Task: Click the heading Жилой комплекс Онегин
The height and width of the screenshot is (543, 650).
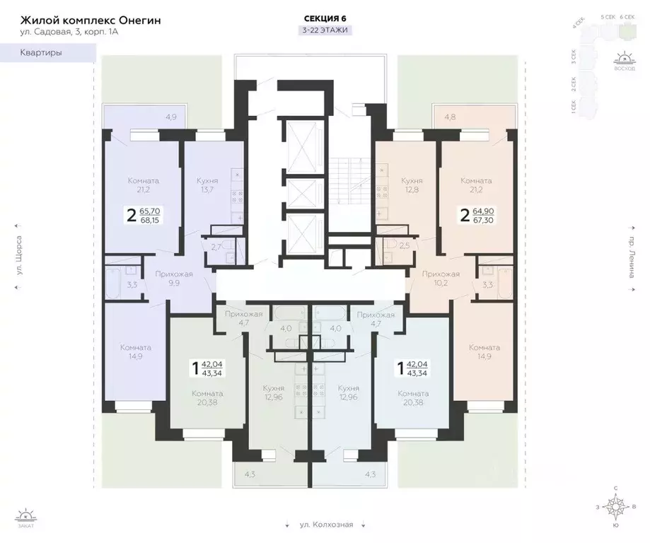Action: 91,21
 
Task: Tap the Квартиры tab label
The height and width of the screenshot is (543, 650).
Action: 40,53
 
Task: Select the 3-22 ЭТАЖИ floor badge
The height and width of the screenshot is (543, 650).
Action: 325,30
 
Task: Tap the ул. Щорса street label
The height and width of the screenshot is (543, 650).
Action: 19,263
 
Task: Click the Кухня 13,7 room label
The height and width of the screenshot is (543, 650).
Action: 207,186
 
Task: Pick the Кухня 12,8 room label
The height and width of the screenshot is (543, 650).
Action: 412,186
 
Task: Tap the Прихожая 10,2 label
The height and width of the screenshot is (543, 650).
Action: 441,278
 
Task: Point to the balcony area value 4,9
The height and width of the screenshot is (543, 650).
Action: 171,117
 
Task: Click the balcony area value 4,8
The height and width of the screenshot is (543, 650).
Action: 451,117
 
